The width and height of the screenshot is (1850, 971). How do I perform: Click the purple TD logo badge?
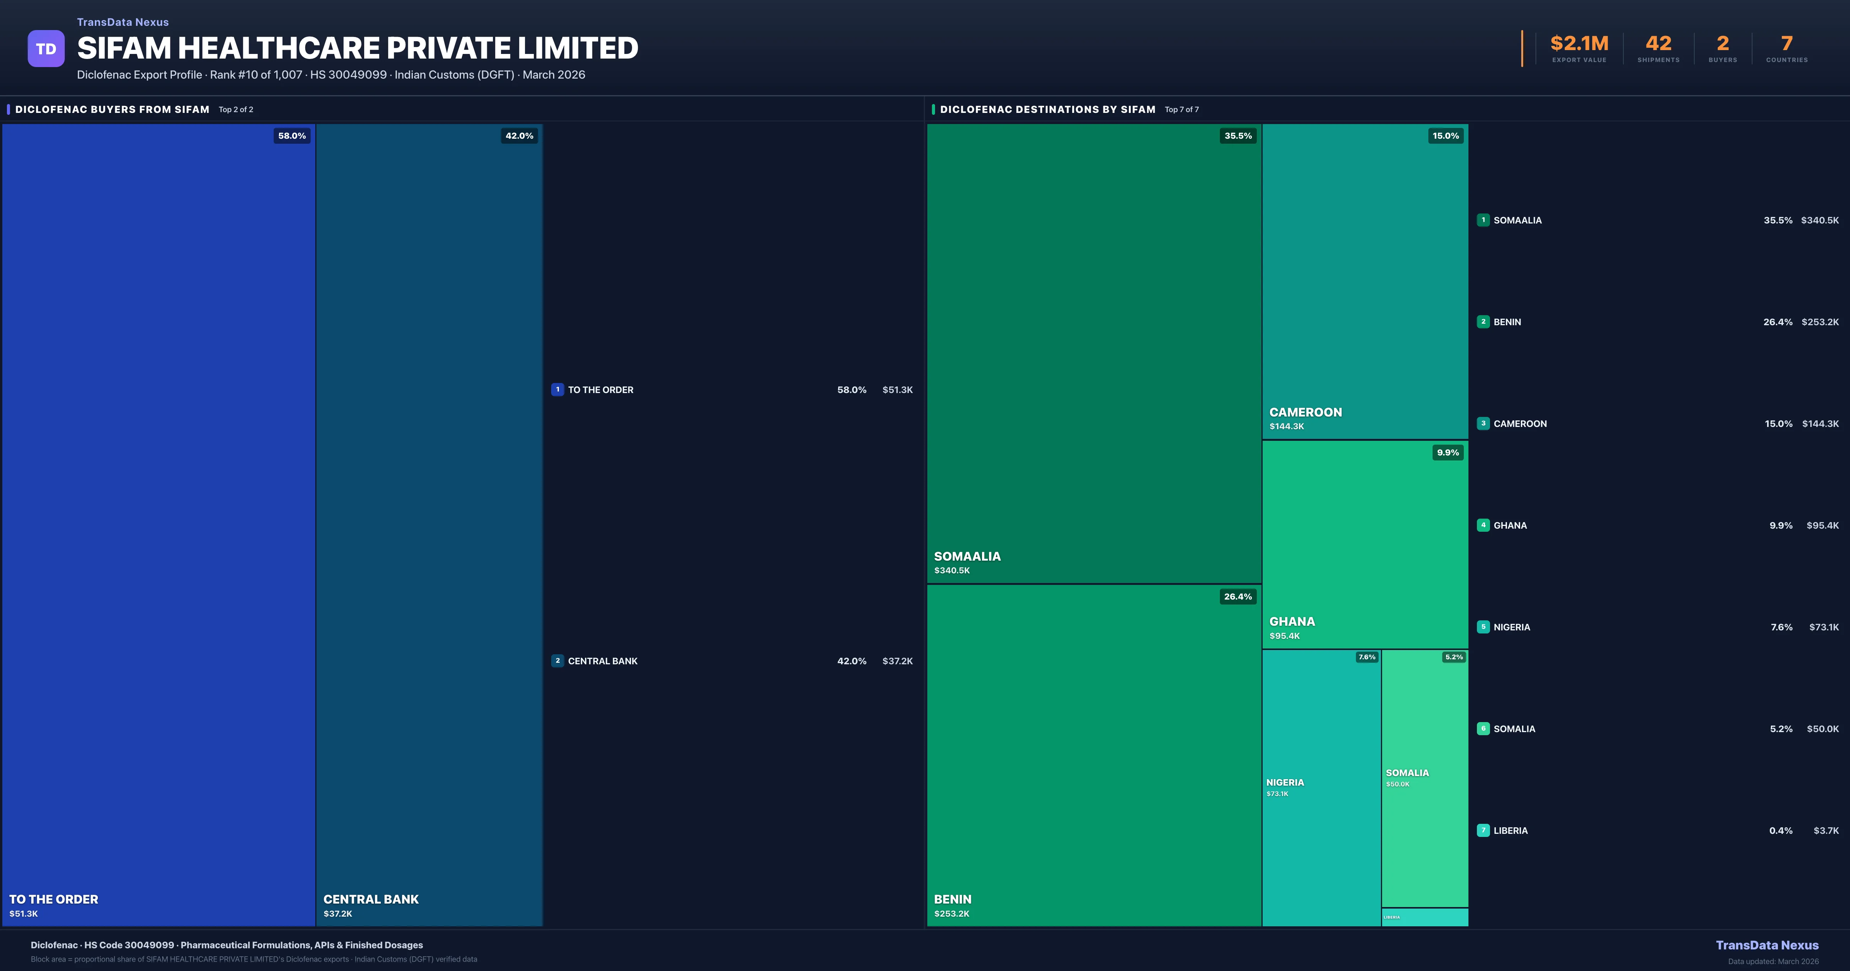46,49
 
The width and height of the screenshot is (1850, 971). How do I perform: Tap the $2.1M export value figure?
1579,44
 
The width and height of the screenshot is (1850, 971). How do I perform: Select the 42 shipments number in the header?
1658,44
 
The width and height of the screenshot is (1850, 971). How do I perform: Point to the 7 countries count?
1787,44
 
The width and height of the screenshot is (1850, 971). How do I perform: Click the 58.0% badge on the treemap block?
292,136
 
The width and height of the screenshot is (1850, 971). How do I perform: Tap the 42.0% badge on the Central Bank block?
519,136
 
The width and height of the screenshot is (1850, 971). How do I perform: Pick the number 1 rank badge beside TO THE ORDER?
557,389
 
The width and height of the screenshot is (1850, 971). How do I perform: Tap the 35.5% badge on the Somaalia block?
1238,136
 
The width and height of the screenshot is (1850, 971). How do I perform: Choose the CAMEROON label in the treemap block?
1305,412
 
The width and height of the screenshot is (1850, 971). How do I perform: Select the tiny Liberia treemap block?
1425,917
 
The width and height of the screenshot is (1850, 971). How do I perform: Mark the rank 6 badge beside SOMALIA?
1483,728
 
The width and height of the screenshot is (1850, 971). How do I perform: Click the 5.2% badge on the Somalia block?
1453,657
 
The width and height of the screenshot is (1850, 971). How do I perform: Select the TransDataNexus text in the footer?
1767,945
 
